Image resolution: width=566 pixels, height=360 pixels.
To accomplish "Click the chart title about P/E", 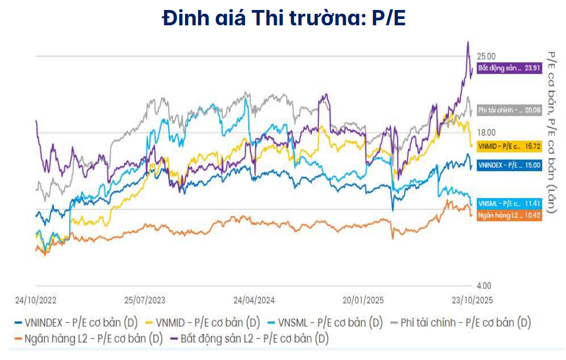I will click(x=283, y=18).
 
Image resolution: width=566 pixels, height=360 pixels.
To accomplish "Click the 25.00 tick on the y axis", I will click(x=486, y=56).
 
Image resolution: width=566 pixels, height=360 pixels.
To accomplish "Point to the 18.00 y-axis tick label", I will click(x=486, y=133).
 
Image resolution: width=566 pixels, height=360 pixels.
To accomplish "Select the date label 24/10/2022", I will click(x=36, y=300).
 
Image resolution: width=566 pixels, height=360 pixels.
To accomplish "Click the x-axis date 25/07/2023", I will click(x=145, y=300).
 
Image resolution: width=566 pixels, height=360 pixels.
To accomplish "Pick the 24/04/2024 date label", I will click(x=255, y=300).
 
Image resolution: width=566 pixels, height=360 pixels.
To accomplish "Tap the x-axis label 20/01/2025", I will click(x=364, y=300).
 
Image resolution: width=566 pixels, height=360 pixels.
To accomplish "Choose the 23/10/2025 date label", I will click(x=472, y=300).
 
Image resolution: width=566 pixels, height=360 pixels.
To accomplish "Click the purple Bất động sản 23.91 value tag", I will click(x=509, y=68).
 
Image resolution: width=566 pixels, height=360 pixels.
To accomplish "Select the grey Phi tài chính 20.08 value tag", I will click(x=509, y=110).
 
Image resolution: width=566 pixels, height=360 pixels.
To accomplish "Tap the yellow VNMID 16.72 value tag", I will click(x=509, y=146).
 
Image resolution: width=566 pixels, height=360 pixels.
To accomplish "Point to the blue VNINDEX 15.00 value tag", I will click(x=509, y=165).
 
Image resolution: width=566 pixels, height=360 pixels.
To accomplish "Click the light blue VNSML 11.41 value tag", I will click(x=509, y=203).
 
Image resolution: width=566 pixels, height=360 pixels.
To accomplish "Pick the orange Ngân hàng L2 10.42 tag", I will click(x=509, y=215).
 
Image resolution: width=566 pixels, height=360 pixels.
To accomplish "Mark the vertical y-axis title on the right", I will click(x=551, y=132).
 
